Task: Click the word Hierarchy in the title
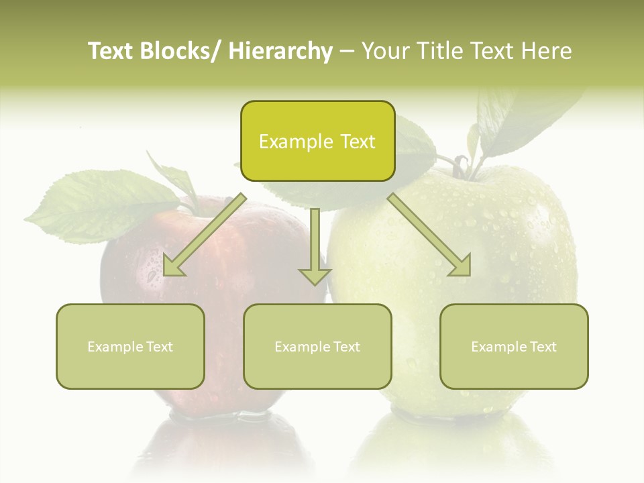(280, 51)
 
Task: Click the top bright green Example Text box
(317, 142)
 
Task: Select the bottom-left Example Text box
(130, 347)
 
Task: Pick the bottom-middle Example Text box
(317, 347)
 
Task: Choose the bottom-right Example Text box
(514, 347)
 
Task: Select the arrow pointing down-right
(429, 235)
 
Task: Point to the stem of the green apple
(462, 165)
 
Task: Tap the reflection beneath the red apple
(221, 443)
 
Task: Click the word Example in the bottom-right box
(494, 347)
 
